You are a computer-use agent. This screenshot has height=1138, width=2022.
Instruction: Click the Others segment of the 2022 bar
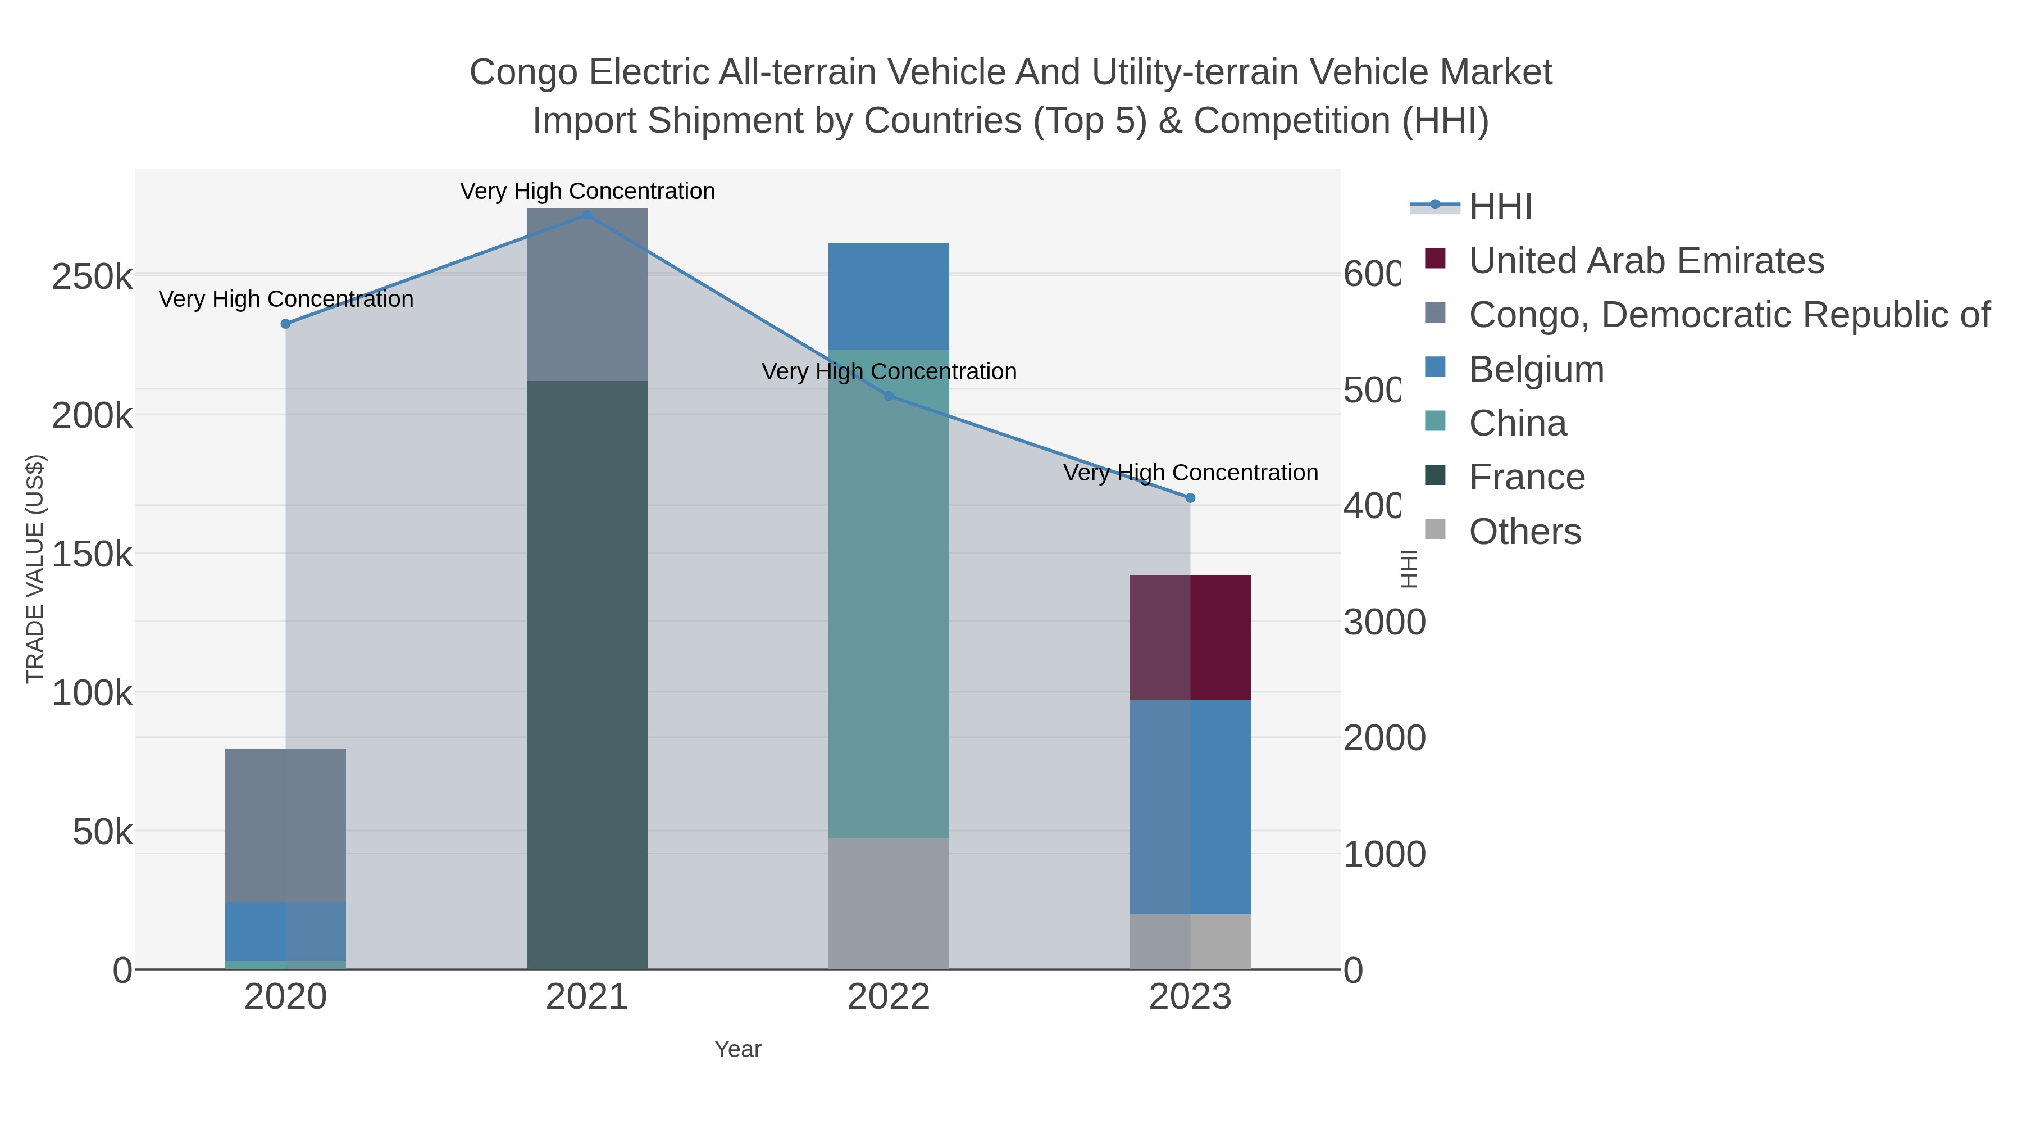coord(888,903)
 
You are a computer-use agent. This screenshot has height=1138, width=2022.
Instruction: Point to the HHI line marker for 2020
coord(286,324)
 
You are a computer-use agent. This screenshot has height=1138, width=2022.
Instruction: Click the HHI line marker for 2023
coord(1190,498)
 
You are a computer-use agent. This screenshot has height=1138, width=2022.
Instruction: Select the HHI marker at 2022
coord(889,396)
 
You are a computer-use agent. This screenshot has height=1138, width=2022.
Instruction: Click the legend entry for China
coord(1516,423)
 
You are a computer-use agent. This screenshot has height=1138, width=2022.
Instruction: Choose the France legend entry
coord(1526,478)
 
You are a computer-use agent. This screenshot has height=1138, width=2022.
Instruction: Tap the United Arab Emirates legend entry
coord(1645,261)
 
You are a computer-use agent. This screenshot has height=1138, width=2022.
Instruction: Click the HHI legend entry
coord(1499,207)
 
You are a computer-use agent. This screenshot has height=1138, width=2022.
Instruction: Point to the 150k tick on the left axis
coord(92,555)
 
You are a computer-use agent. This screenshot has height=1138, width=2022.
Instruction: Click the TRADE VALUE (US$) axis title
coord(34,569)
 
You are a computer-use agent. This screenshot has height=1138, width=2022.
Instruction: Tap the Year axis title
coord(737,1049)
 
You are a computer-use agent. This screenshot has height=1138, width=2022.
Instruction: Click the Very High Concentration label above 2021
coord(587,191)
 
